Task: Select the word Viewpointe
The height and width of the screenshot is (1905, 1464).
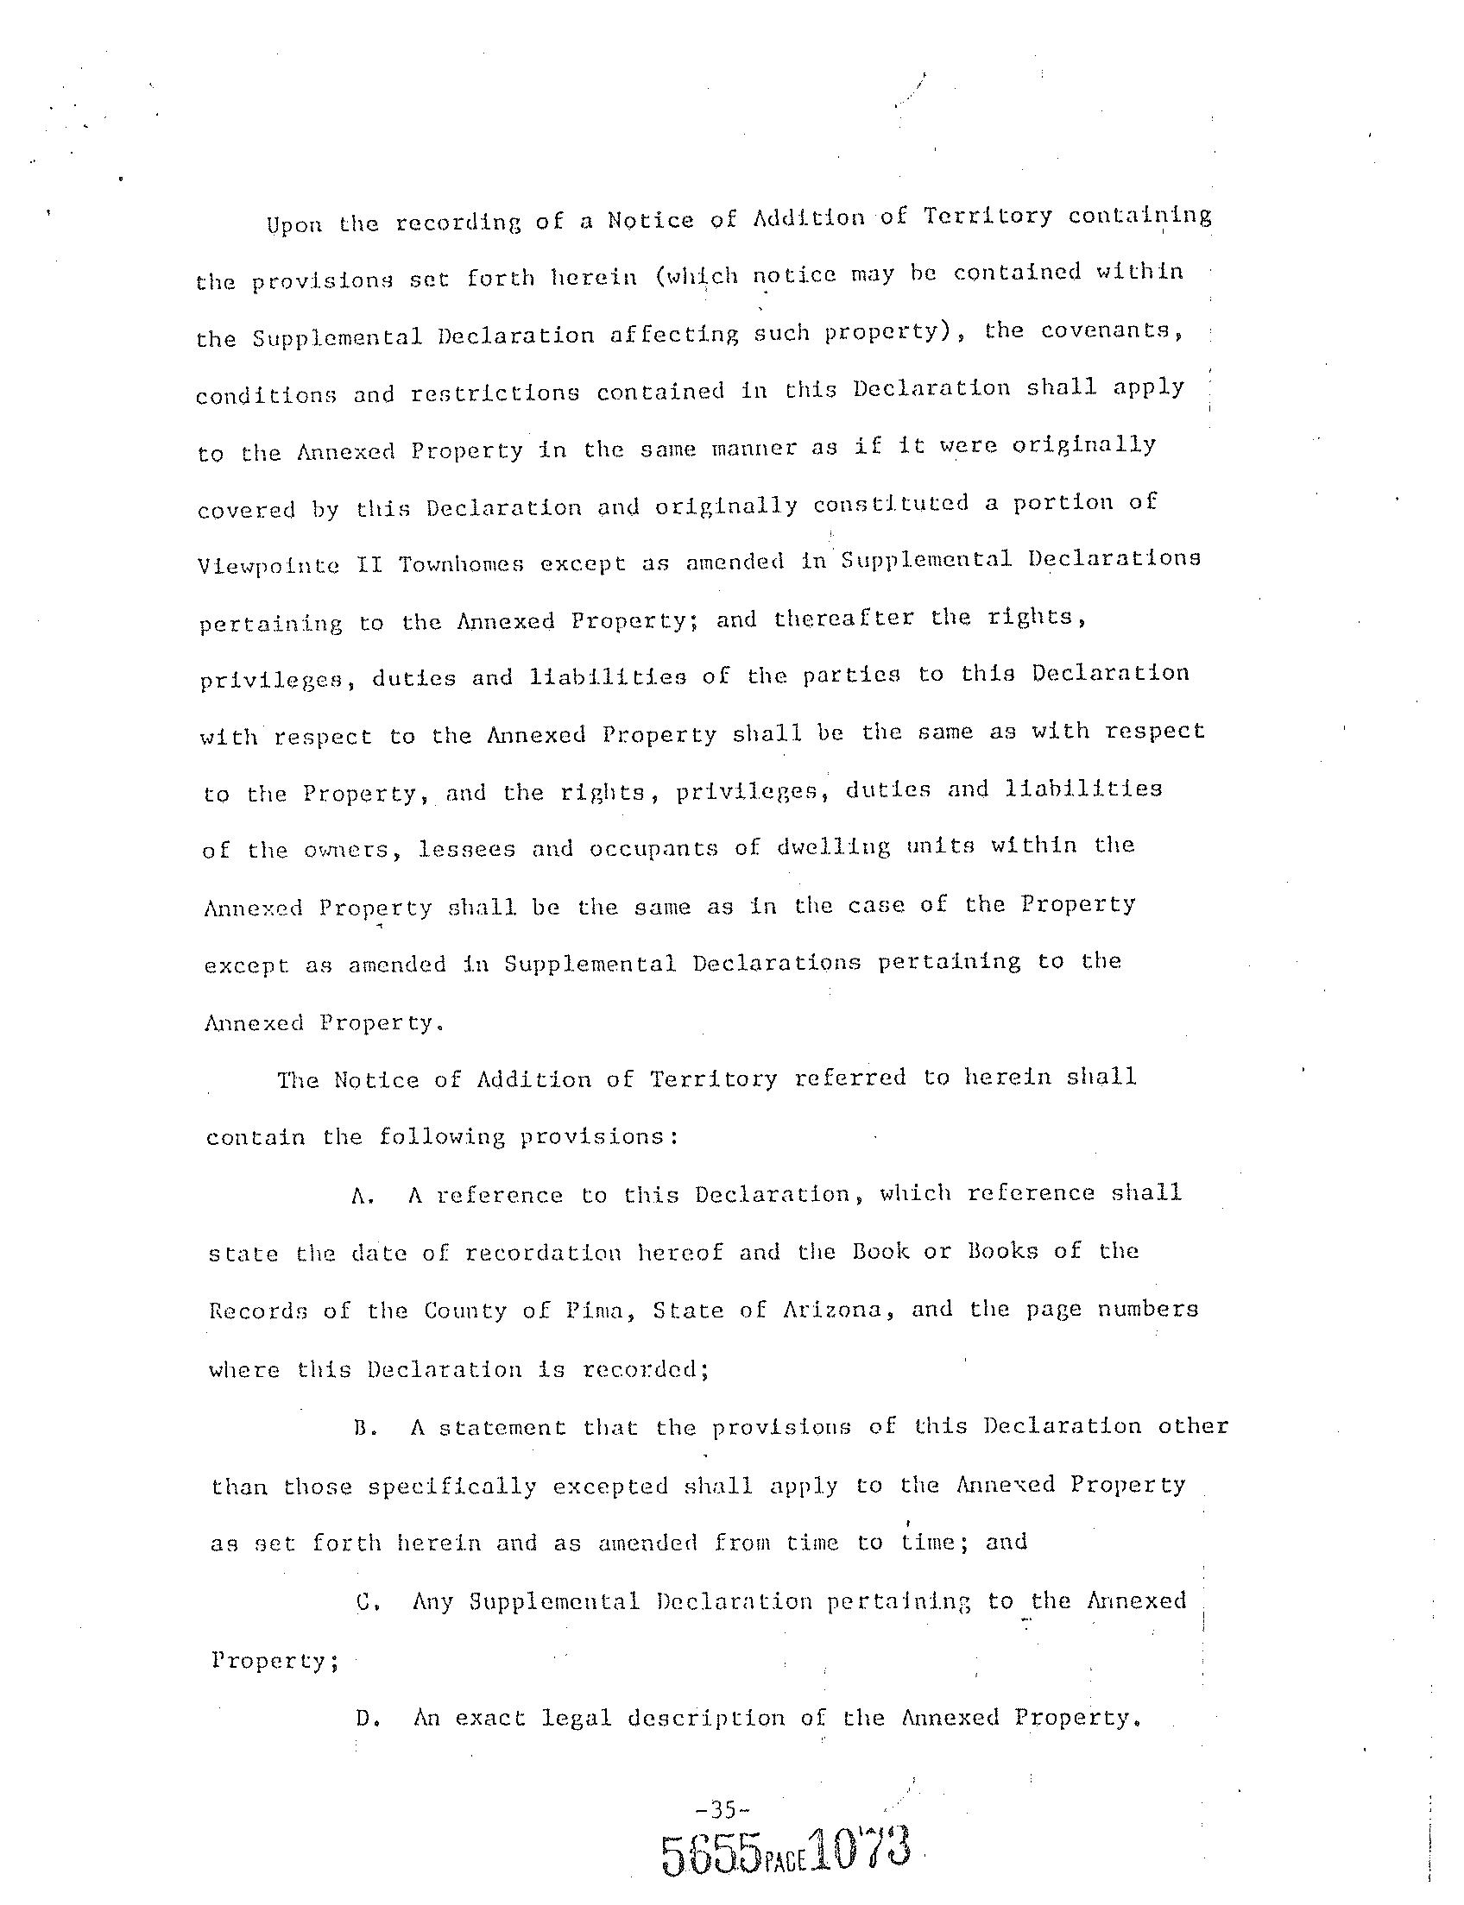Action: coord(269,566)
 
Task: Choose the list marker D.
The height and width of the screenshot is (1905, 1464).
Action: coord(366,1719)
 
